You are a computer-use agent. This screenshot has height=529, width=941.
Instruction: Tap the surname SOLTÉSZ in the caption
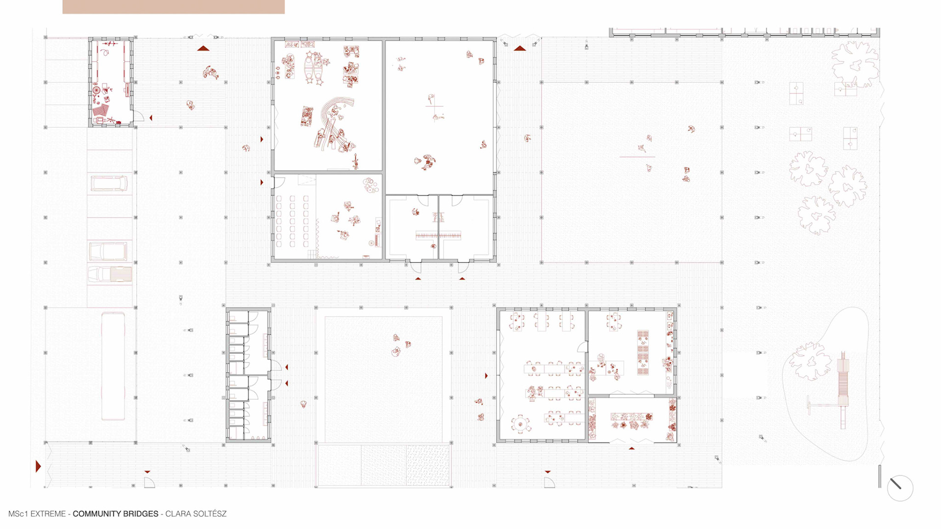pyautogui.click(x=206, y=514)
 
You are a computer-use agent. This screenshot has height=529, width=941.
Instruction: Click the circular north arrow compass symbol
pyautogui.click(x=900, y=488)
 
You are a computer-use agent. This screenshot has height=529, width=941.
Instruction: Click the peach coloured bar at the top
pyautogui.click(x=173, y=7)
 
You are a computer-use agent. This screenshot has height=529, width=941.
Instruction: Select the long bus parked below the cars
pyautogui.click(x=113, y=366)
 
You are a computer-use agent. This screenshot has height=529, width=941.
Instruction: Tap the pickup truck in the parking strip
pyautogui.click(x=110, y=275)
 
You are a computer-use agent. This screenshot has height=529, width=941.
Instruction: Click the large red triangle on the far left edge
pyautogui.click(x=38, y=466)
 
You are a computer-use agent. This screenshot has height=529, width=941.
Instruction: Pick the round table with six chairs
pyautogui.click(x=520, y=424)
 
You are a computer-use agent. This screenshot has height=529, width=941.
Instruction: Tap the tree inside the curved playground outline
pyautogui.click(x=810, y=361)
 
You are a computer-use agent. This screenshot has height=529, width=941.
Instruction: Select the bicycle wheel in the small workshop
pyautogui.click(x=96, y=91)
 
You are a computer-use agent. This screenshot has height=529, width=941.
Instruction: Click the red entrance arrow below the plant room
pyautogui.click(x=632, y=448)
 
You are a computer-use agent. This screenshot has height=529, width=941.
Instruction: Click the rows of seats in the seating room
pyautogui.click(x=293, y=220)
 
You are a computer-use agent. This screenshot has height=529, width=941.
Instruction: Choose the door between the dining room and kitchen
pyautogui.click(x=582, y=347)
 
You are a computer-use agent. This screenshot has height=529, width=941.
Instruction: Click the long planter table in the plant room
pyautogui.click(x=632, y=417)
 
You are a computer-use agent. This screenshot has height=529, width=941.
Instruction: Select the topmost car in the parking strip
pyautogui.click(x=109, y=183)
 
